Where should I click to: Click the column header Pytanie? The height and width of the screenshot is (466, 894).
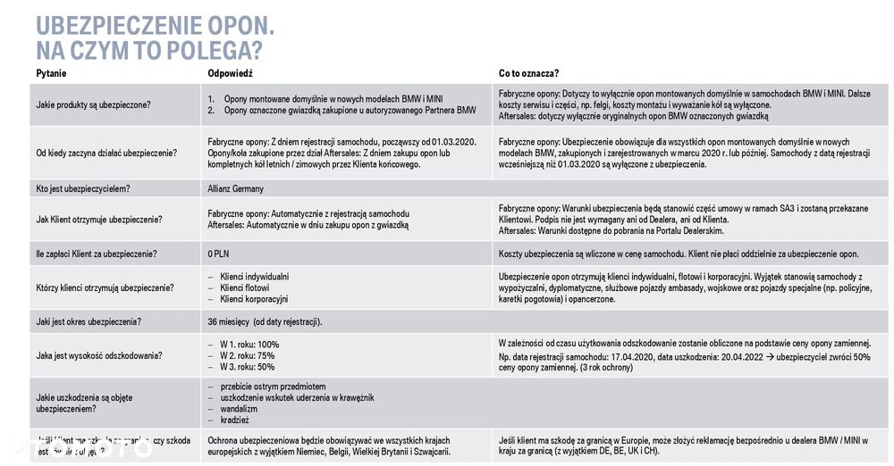point(51,73)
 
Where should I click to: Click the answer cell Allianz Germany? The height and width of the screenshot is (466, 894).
point(235,189)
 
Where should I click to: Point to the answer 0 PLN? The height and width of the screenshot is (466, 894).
point(218,254)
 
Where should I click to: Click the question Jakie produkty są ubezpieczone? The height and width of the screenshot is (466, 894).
point(93,104)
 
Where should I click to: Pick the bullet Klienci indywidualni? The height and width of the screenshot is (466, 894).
point(254,277)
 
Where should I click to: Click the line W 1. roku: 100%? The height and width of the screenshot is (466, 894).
point(249,345)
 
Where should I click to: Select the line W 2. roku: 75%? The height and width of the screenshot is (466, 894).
point(248,355)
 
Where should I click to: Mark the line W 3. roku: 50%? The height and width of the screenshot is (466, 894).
point(248,366)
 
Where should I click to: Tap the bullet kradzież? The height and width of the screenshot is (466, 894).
point(234,420)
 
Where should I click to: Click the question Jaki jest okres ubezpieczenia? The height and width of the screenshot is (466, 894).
point(89,321)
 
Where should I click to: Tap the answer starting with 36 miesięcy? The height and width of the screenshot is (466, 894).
point(265,321)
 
